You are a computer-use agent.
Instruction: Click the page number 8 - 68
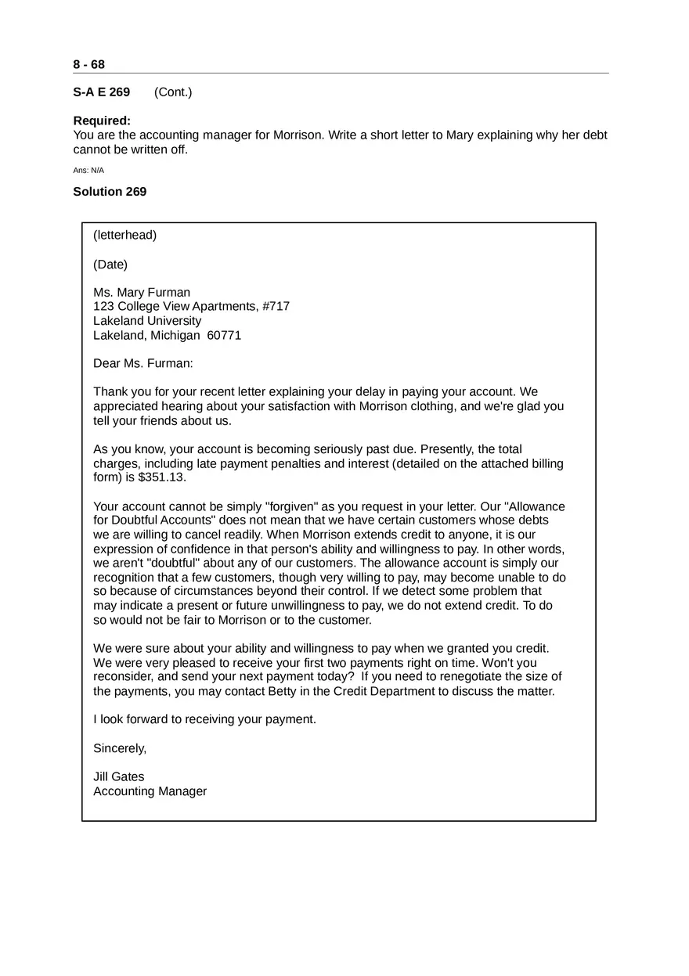point(88,64)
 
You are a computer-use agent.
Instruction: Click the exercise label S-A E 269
point(102,92)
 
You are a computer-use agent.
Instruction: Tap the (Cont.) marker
point(173,92)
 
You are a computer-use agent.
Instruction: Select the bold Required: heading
point(102,121)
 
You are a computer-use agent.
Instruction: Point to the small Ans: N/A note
point(88,171)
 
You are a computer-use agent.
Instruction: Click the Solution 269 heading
point(110,192)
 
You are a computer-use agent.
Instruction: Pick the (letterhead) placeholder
point(124,235)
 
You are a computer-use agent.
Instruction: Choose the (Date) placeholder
point(110,265)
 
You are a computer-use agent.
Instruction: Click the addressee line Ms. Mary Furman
point(142,293)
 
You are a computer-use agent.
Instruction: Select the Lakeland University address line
point(147,321)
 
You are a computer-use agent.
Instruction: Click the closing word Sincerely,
point(120,748)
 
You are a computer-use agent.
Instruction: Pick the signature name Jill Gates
point(119,777)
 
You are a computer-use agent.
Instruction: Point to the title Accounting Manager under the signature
point(150,791)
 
